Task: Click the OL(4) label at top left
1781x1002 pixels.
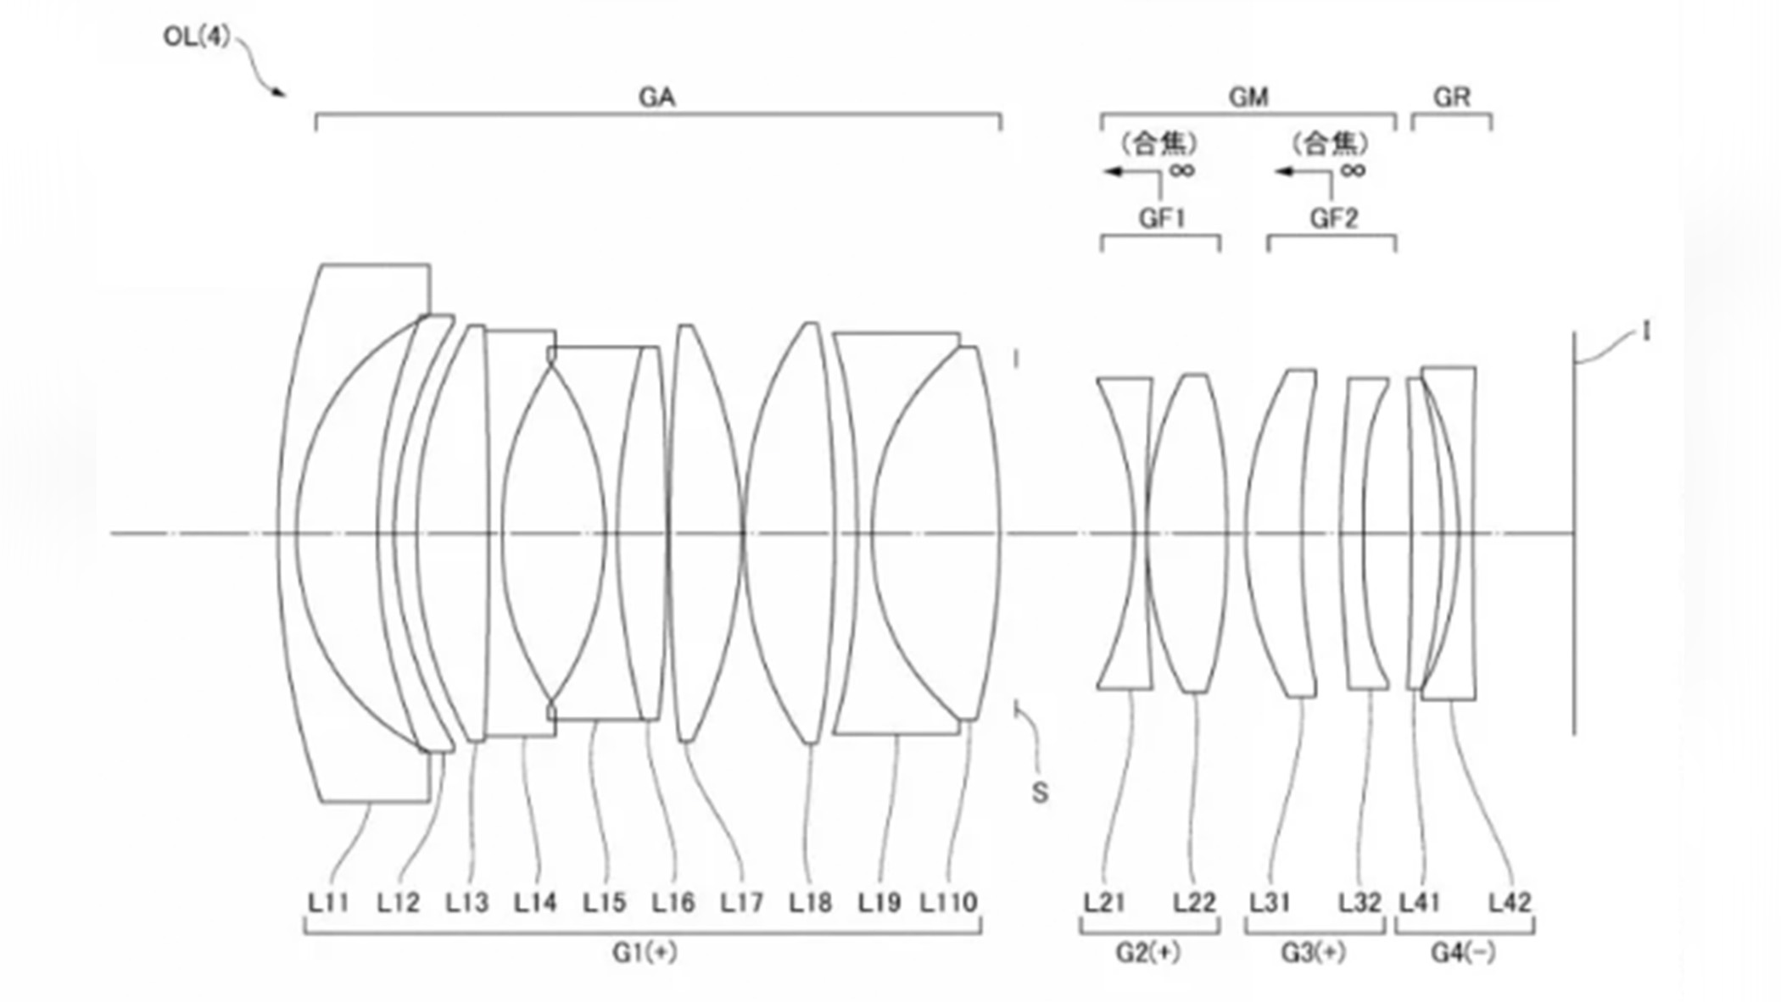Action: point(197,37)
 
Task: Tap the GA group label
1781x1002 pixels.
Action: point(656,97)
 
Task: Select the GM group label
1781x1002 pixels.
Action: point(1248,97)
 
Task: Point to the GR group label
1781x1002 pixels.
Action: point(1451,97)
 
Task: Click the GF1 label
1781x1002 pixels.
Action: point(1161,219)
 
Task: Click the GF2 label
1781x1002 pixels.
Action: point(1333,219)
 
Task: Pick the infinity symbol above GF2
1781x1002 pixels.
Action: point(1353,171)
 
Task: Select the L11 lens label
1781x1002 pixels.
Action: point(328,903)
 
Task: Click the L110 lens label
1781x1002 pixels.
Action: point(949,903)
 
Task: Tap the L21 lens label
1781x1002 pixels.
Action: point(1104,903)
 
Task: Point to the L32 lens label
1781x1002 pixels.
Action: point(1359,903)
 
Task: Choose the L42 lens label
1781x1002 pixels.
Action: point(1510,903)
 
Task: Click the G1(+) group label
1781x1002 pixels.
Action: point(645,954)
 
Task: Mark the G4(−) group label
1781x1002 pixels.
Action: point(1463,954)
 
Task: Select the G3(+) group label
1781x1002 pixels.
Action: point(1313,954)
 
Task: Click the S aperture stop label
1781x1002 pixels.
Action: point(1040,793)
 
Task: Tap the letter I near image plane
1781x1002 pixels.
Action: point(1646,331)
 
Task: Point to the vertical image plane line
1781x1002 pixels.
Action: point(1574,593)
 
